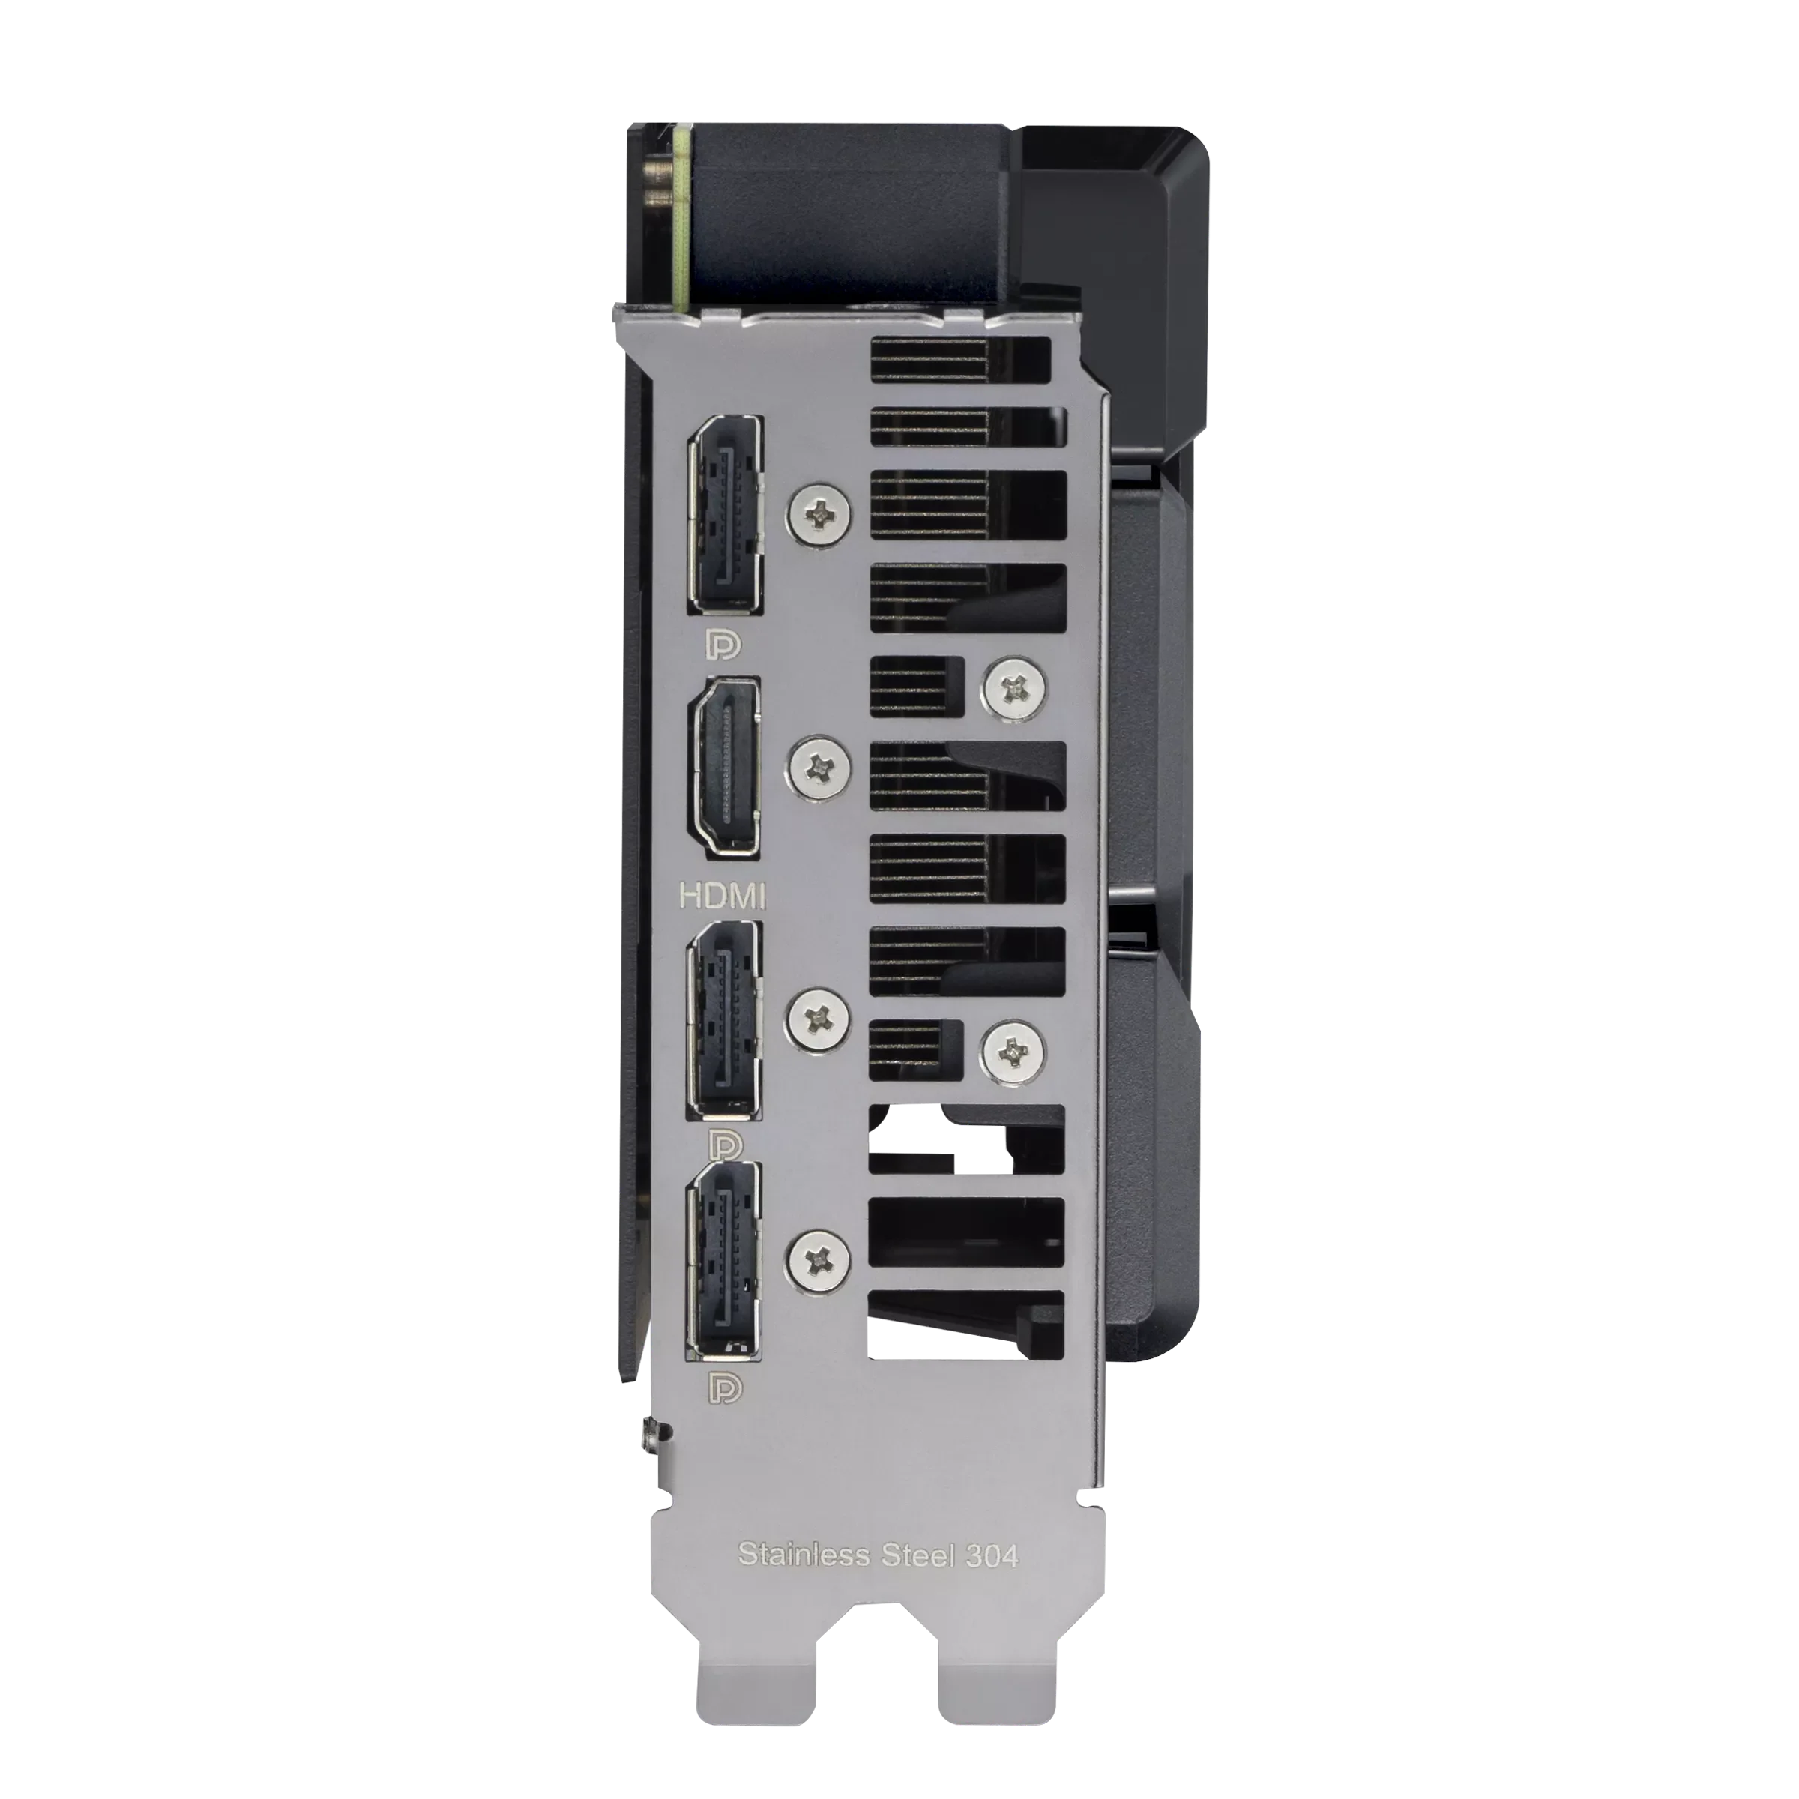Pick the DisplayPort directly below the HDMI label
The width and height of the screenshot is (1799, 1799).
[723, 1019]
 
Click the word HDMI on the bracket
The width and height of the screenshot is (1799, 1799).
[723, 896]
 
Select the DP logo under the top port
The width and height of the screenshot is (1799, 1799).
[723, 643]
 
